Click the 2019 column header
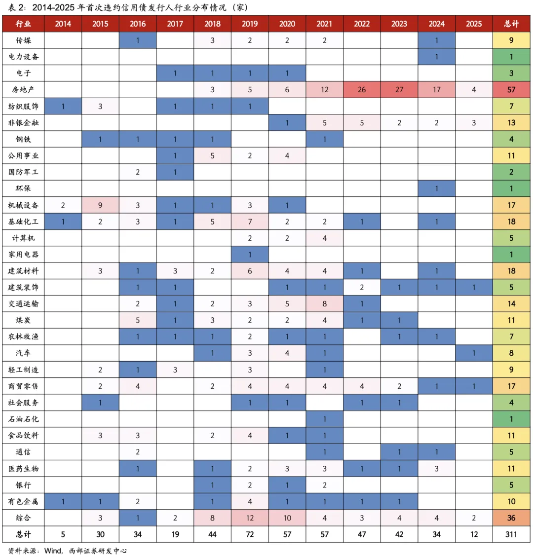250,24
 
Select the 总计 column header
511,24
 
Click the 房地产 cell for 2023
399,90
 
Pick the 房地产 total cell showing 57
511,90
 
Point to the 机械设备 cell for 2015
100,205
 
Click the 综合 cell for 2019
250,518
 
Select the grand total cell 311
511,534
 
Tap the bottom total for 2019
250,534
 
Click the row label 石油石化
23,419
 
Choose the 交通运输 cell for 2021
324,304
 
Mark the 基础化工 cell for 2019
250,222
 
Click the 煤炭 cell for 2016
138,320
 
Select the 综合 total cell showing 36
511,518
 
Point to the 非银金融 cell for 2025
474,123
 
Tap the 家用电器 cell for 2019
250,255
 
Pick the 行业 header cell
23,24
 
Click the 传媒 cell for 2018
212,40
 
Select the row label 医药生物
23,469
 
